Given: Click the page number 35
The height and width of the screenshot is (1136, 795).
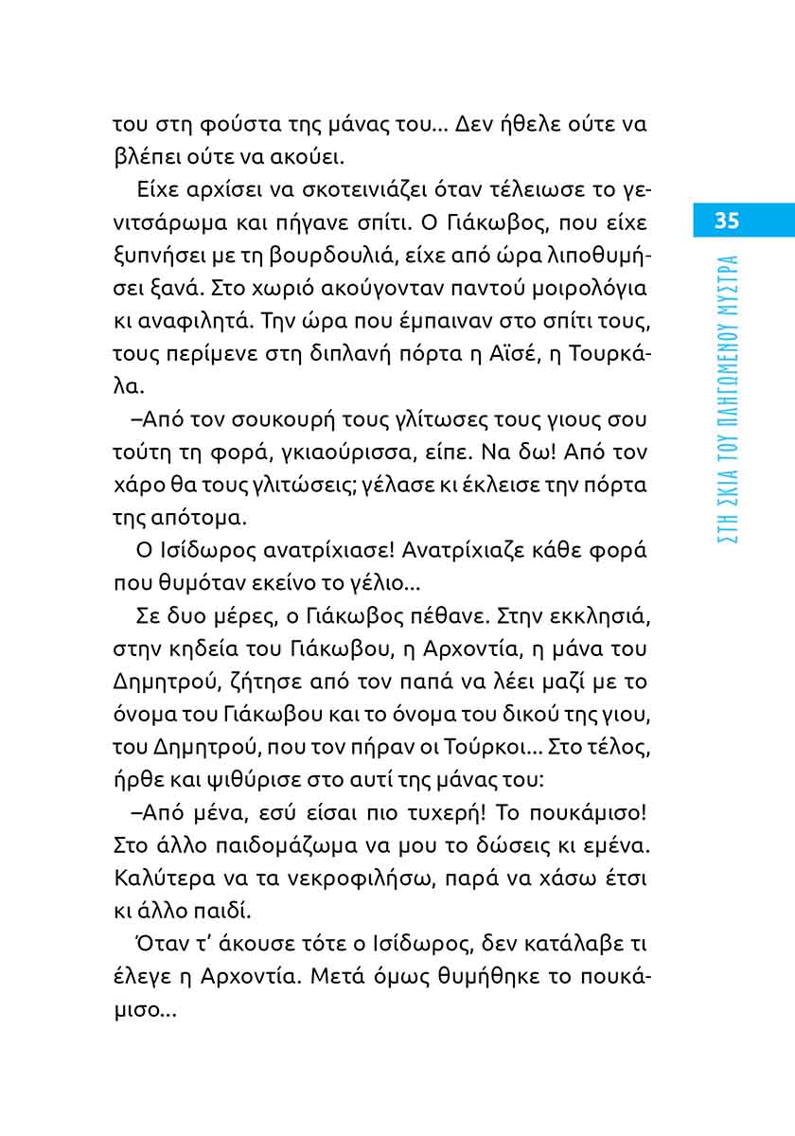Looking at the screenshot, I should (726, 222).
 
